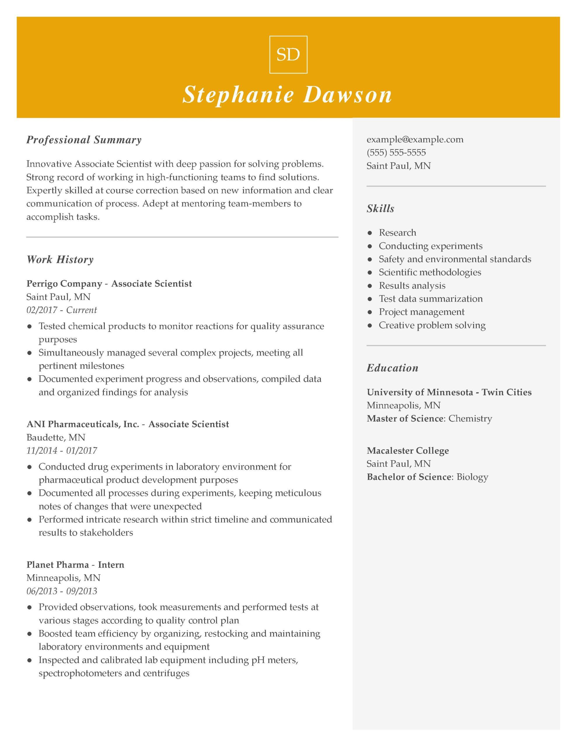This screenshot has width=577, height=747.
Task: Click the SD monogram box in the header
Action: tap(288, 55)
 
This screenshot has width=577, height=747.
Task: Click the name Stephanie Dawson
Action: tap(287, 95)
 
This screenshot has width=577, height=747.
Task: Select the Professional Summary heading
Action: tap(84, 140)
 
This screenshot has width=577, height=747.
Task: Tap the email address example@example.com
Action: tap(415, 139)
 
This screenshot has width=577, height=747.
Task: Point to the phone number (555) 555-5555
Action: tap(396, 153)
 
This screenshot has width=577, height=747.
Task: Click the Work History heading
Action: tap(60, 260)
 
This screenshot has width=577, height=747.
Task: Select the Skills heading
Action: tap(380, 209)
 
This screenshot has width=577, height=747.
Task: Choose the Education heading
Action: tap(392, 368)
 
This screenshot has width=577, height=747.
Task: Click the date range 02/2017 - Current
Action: tap(62, 310)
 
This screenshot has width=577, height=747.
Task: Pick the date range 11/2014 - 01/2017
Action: tap(62, 451)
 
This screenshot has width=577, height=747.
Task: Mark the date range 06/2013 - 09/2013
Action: tap(62, 591)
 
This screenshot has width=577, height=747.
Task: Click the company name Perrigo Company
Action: tap(64, 284)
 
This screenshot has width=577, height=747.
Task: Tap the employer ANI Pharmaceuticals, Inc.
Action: tap(83, 425)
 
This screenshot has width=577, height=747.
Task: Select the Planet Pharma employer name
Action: tap(58, 565)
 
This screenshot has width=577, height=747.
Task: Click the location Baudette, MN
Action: tap(56, 437)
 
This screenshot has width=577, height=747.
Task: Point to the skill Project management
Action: tap(422, 312)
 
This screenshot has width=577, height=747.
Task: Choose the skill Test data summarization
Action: tap(431, 299)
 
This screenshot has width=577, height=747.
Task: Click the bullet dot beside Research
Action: tap(369, 233)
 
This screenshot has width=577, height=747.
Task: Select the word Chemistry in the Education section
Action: tap(470, 419)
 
